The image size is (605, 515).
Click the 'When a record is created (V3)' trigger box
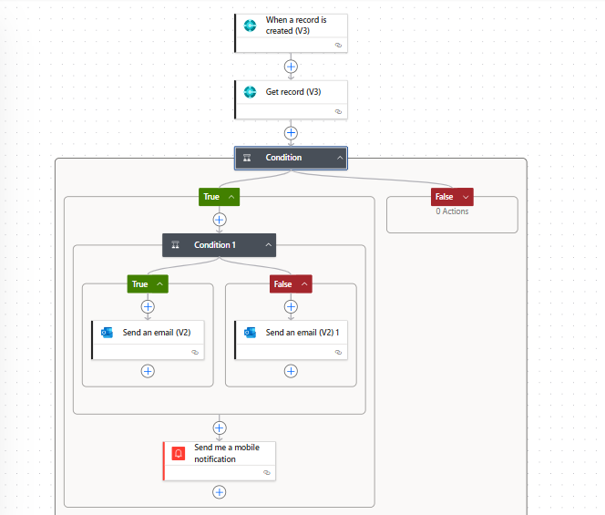(x=292, y=33)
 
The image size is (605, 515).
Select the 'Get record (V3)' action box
(x=292, y=99)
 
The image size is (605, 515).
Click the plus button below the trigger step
(x=291, y=67)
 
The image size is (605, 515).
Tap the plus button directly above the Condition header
(x=291, y=133)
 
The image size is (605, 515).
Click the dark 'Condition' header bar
(x=291, y=158)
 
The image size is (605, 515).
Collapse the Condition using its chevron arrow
(x=340, y=158)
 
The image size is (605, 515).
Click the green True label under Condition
(x=219, y=197)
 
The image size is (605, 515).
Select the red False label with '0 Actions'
(x=452, y=197)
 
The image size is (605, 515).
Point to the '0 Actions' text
(x=452, y=211)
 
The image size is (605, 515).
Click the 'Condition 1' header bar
(x=220, y=245)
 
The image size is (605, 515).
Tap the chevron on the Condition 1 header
(x=269, y=245)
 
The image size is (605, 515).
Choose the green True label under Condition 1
(x=148, y=284)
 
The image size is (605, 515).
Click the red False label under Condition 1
(x=291, y=284)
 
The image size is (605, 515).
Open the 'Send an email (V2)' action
(x=149, y=340)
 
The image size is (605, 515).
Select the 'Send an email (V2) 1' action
(x=292, y=340)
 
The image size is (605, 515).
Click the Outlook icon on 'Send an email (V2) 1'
(x=250, y=333)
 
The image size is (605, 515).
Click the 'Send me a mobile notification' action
(x=220, y=461)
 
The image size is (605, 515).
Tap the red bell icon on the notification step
(x=179, y=453)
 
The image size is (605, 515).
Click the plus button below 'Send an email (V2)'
(x=148, y=371)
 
